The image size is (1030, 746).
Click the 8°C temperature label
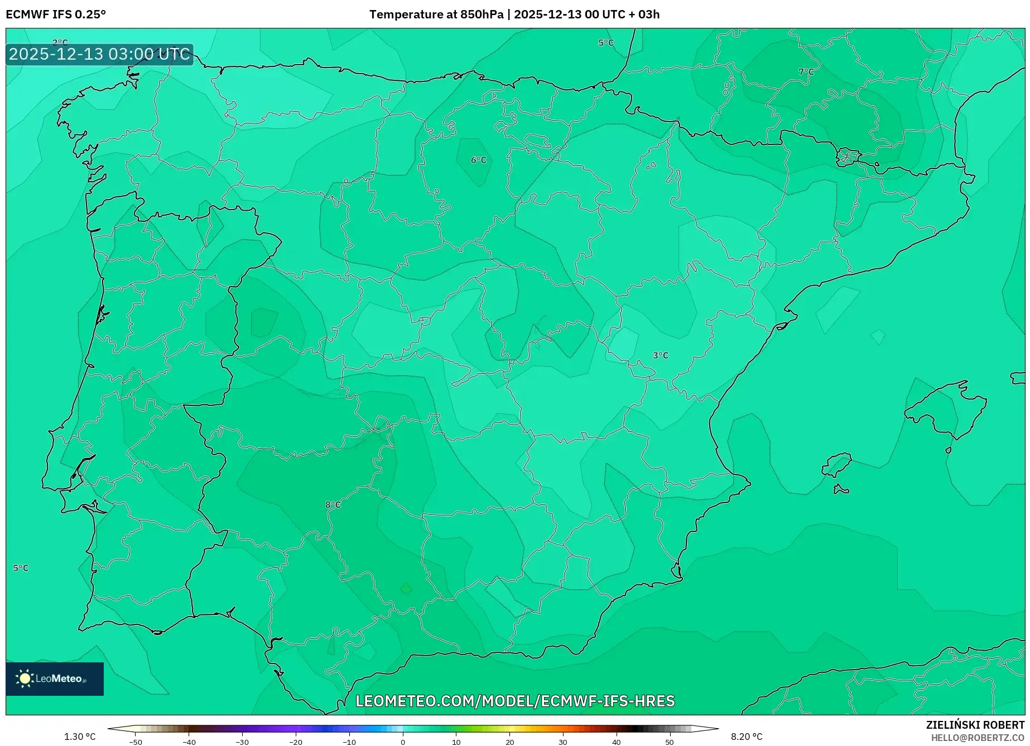click(333, 505)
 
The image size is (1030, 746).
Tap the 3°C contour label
click(661, 356)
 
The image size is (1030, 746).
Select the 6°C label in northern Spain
click(479, 161)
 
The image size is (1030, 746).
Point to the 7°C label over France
click(806, 72)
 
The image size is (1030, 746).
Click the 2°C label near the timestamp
click(60, 43)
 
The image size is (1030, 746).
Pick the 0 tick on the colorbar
click(403, 742)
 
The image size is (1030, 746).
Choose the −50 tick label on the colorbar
click(136, 742)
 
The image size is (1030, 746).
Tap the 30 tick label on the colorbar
click(562, 742)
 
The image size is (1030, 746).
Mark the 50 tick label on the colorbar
click(669, 742)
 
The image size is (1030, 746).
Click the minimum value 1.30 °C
click(80, 737)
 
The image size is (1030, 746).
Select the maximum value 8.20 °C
click(747, 737)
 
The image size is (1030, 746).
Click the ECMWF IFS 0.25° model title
click(56, 14)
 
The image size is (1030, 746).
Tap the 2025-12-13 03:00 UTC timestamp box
click(99, 55)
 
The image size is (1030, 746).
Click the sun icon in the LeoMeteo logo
click(25, 679)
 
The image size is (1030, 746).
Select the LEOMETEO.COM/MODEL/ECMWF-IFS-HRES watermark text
click(515, 701)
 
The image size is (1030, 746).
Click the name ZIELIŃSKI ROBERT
click(975, 725)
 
